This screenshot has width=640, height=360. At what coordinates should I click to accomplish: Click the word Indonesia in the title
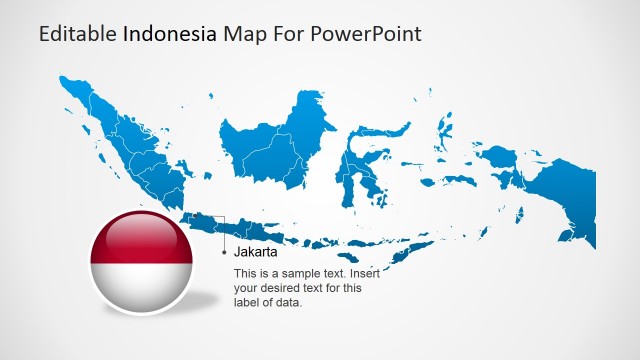(x=170, y=34)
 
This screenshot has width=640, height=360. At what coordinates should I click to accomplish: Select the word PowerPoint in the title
(x=365, y=34)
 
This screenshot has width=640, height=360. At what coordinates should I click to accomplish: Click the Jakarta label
(x=256, y=238)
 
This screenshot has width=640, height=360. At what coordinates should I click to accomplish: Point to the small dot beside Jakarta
(x=224, y=253)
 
